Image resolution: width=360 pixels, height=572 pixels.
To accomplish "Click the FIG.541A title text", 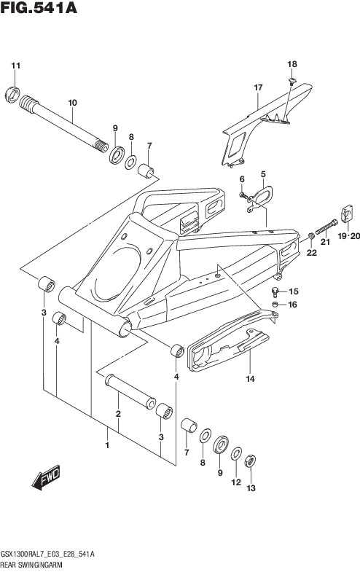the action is tap(39, 8).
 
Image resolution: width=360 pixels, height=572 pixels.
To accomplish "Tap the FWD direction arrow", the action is tap(46, 477).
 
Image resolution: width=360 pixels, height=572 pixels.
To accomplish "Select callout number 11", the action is tap(15, 66).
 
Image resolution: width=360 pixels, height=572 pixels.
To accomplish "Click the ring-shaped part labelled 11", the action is tap(12, 95).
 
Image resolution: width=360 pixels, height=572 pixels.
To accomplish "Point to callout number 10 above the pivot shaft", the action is tap(73, 103).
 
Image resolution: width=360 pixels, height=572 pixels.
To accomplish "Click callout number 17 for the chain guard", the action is tap(258, 87).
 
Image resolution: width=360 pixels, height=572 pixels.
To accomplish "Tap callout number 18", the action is tap(292, 64).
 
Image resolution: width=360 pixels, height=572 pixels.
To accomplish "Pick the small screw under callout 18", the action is tap(291, 81).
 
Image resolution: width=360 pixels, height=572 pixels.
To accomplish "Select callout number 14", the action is tap(250, 379).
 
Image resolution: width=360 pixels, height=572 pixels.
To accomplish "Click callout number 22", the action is tap(311, 252).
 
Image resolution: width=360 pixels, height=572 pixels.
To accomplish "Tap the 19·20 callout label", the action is tap(348, 236).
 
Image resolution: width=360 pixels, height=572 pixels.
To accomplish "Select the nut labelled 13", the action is tap(251, 461).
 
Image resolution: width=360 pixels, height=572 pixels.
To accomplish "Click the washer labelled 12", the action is tap(236, 453).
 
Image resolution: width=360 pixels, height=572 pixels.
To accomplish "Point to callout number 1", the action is tap(107, 445).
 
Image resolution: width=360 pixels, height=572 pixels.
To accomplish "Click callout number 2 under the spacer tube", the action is tap(118, 414).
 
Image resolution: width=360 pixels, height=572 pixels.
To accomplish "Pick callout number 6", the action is tap(242, 179).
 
